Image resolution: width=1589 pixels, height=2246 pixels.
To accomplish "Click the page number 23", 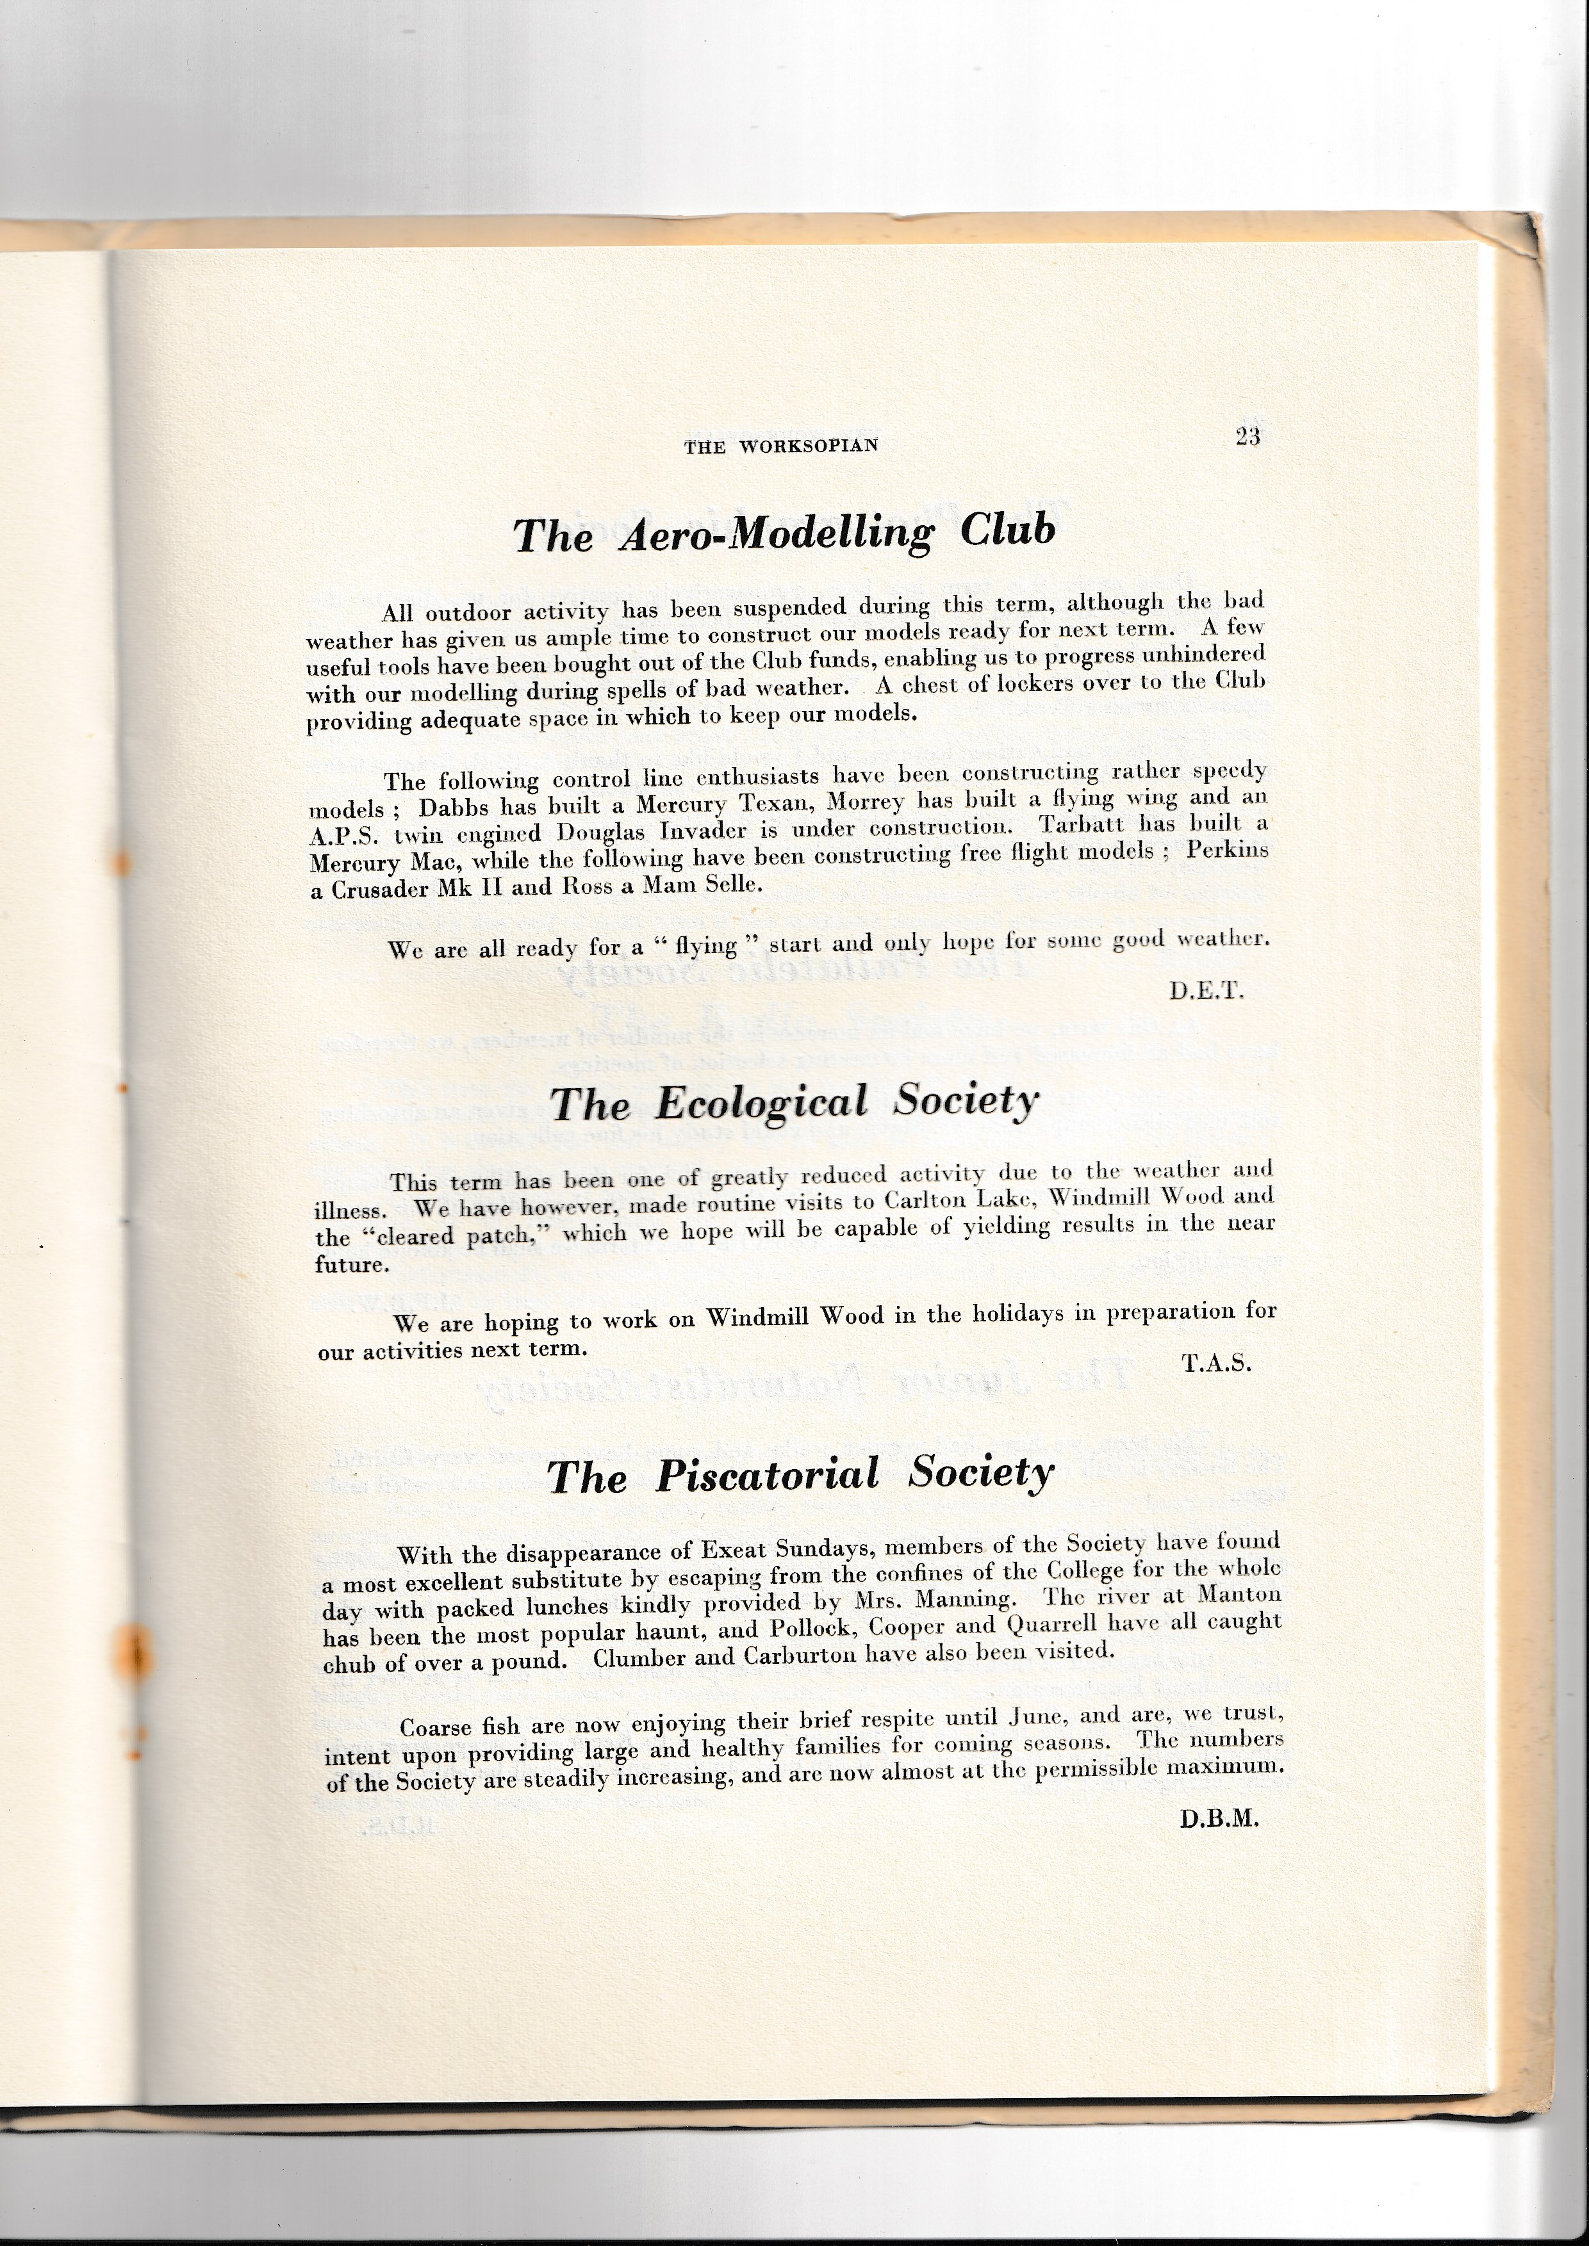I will (1247, 437).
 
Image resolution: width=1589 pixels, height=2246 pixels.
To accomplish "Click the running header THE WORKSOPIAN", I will (781, 446).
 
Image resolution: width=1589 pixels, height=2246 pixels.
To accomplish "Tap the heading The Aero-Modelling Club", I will (785, 532).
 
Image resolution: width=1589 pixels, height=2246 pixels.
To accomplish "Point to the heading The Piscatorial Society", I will (800, 1474).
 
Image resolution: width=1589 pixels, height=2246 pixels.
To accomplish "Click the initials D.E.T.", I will (1205, 991).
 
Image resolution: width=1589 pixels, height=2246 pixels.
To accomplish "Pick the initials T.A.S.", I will (1216, 1363).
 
